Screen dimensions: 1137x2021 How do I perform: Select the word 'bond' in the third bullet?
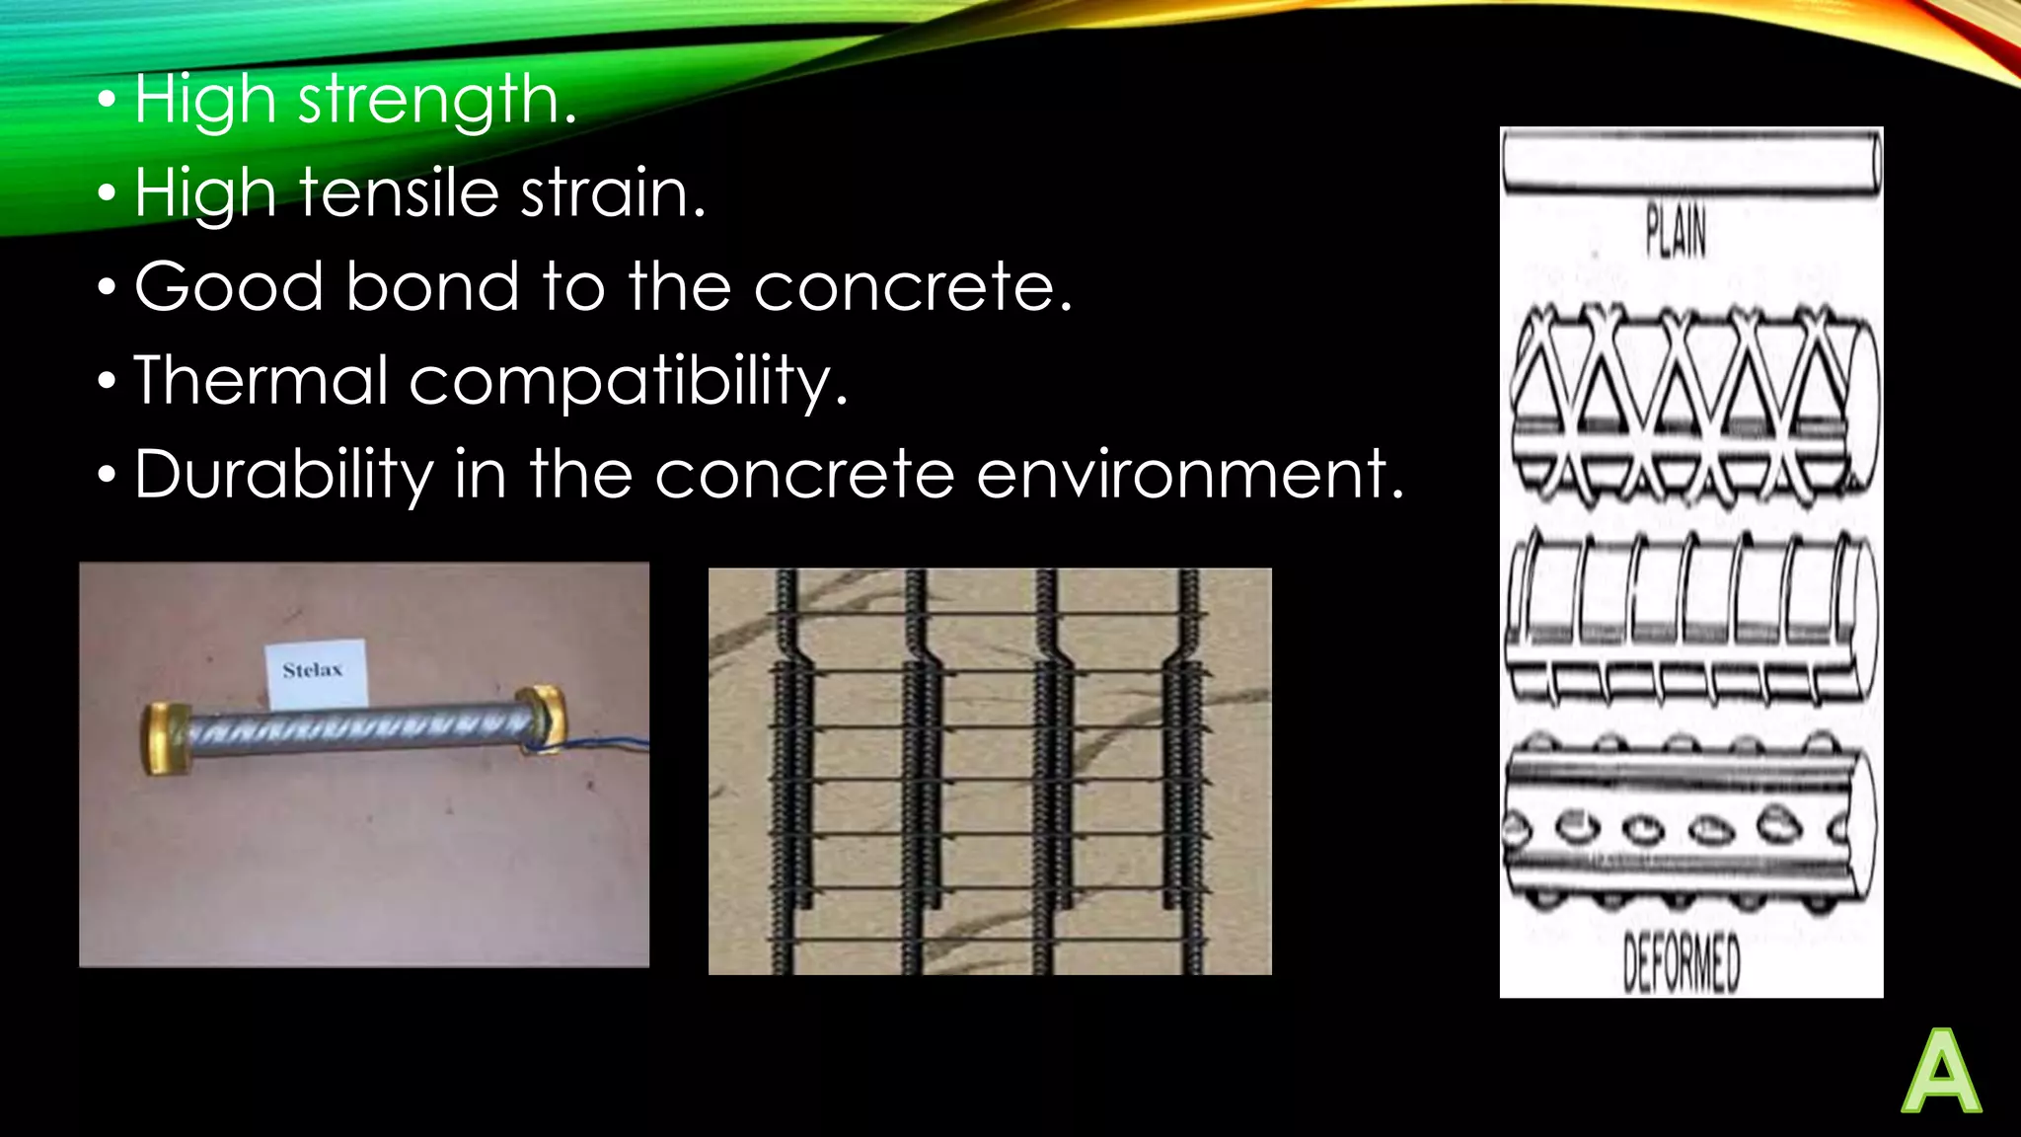point(431,286)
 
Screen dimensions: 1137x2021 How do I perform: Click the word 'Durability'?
point(283,475)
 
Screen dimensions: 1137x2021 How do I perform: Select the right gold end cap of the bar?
point(541,719)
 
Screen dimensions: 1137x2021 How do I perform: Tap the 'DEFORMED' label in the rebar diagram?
point(1682,963)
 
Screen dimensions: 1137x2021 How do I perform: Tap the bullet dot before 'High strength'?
point(108,102)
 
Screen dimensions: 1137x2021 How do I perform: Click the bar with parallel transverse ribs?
point(1689,617)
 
